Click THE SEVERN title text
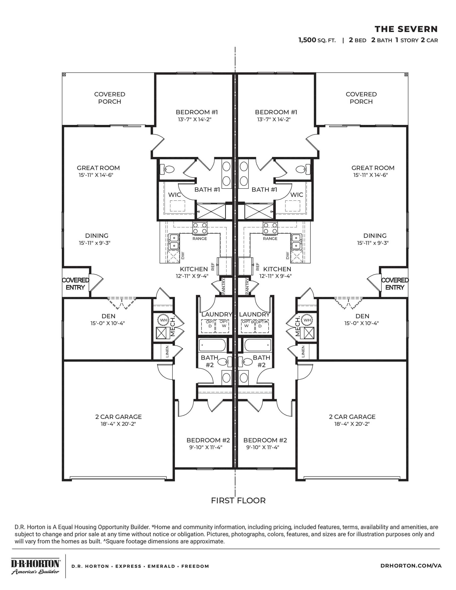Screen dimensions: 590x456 click(406, 29)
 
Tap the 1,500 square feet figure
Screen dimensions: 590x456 click(307, 40)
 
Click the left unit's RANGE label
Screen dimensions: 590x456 click(200, 239)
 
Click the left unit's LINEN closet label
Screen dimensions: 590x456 click(167, 351)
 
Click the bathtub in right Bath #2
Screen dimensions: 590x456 click(258, 345)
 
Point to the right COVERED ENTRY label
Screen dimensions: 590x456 click(395, 284)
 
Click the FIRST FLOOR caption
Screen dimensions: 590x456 click(238, 500)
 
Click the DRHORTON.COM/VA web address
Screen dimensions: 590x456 click(411, 565)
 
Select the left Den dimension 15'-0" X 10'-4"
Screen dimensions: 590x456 click(108, 323)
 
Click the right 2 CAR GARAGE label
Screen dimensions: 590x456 click(352, 417)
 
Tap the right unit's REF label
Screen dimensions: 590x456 click(258, 267)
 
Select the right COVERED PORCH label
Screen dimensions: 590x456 click(361, 98)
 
